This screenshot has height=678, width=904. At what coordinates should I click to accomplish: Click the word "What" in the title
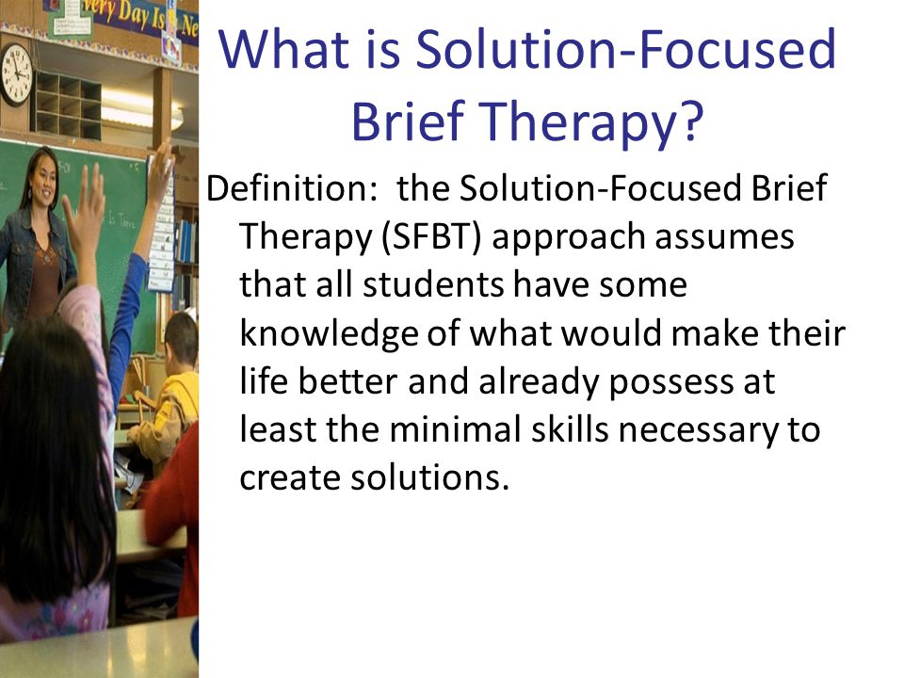click(x=283, y=48)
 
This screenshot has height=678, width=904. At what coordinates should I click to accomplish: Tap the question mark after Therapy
click(x=690, y=121)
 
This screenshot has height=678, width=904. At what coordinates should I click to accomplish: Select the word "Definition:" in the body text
click(x=292, y=188)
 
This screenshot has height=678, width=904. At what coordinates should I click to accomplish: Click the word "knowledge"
click(x=329, y=334)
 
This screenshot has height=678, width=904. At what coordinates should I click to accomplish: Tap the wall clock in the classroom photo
click(x=16, y=74)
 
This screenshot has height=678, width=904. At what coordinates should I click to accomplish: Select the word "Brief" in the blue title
click(x=408, y=121)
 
